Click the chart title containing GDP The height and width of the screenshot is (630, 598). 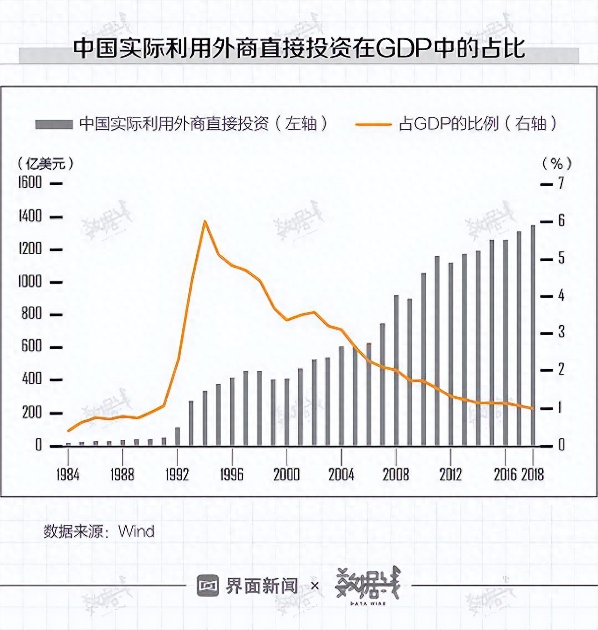tap(299, 49)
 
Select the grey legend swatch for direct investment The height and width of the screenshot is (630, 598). tap(54, 124)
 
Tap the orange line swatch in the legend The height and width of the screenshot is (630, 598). tap(373, 124)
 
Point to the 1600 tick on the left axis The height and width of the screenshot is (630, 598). tap(30, 183)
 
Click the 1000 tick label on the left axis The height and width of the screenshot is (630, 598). tap(30, 281)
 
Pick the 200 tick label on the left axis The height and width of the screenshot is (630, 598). tap(32, 412)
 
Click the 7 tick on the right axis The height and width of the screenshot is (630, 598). tap(561, 183)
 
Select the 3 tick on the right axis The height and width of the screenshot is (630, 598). tap(561, 332)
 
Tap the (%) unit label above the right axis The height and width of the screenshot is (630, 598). tap(556, 164)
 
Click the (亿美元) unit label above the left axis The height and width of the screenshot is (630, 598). tap(45, 164)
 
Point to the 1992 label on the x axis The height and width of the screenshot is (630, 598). tap(177, 475)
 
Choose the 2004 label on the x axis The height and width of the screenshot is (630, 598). tap(341, 475)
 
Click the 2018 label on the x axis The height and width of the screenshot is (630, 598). tap(533, 475)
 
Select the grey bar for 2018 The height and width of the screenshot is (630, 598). tap(533, 336)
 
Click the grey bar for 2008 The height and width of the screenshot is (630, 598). tap(396, 369)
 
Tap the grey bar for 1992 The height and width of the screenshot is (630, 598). tap(178, 436)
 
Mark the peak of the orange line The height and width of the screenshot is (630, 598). tap(205, 222)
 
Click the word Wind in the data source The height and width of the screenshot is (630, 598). tap(136, 531)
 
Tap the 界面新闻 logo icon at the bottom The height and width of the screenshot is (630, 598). tap(208, 586)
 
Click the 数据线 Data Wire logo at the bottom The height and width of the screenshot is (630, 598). tap(368, 585)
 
